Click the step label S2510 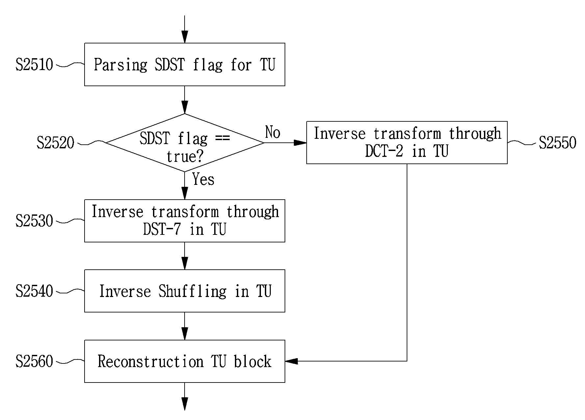click(x=34, y=65)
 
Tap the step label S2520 click(x=56, y=143)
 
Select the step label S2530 click(x=34, y=221)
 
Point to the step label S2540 click(x=34, y=291)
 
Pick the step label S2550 click(x=558, y=143)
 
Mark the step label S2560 click(x=34, y=361)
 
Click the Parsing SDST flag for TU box click(x=185, y=64)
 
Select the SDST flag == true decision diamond click(x=185, y=143)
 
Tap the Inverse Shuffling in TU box click(x=185, y=291)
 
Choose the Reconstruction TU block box click(x=185, y=361)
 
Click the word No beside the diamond click(x=273, y=132)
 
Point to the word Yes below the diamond click(x=203, y=179)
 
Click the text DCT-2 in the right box click(x=384, y=151)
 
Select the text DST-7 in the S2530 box click(x=162, y=229)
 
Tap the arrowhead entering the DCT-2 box click(x=300, y=143)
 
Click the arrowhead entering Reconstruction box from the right click(x=292, y=361)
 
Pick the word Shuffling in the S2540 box click(x=192, y=291)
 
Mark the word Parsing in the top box click(x=120, y=65)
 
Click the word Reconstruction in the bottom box click(x=151, y=361)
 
